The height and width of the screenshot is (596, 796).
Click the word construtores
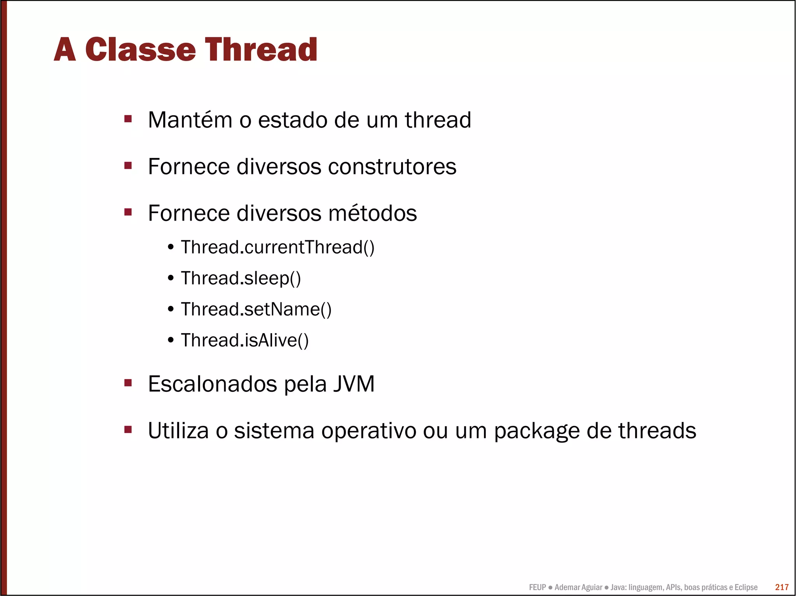click(x=392, y=167)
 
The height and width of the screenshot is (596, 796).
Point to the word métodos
click(x=372, y=213)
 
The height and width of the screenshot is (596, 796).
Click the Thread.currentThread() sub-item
click(x=278, y=247)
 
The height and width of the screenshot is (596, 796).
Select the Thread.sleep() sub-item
click(x=241, y=278)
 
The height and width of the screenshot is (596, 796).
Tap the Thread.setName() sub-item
click(x=256, y=309)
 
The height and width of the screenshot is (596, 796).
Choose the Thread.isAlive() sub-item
click(x=244, y=341)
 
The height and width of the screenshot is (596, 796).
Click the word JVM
click(x=354, y=384)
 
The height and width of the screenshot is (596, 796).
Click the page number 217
click(x=782, y=587)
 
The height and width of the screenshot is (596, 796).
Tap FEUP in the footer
click(x=537, y=587)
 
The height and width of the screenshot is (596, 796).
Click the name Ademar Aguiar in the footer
click(x=578, y=587)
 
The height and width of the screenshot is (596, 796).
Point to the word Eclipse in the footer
click(x=746, y=587)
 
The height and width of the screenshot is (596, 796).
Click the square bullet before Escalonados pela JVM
click(x=128, y=383)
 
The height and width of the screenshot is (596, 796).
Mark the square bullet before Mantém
click(x=128, y=118)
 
